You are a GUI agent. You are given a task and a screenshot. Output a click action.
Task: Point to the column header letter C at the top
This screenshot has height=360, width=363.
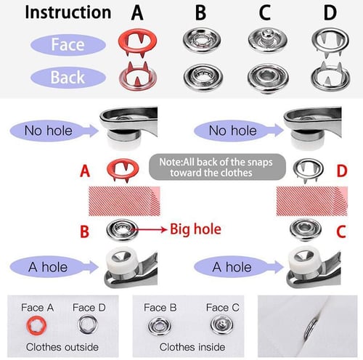pyautogui.click(x=264, y=12)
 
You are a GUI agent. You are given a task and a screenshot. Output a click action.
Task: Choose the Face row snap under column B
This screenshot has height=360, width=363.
pyautogui.click(x=200, y=41)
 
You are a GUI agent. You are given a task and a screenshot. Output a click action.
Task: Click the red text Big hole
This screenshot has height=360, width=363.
pyautogui.click(x=194, y=231)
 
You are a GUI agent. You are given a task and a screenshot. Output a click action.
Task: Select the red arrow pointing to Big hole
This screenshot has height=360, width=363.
pyautogui.click(x=150, y=231)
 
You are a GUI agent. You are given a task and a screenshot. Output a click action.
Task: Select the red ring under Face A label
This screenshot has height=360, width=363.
pyautogui.click(x=33, y=324)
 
